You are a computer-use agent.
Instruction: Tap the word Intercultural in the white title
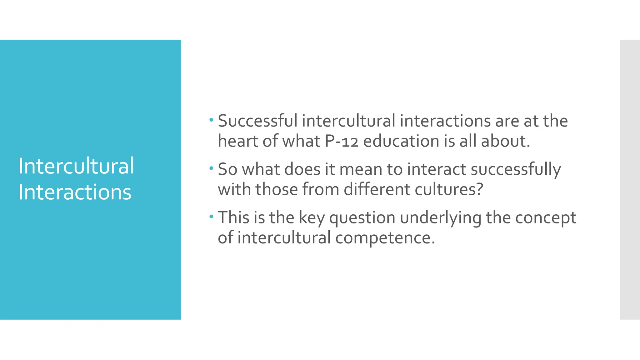[76, 166]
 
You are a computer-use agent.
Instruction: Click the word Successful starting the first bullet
[257, 121]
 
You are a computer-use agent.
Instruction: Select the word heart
[238, 141]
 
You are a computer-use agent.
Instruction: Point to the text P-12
[342, 141]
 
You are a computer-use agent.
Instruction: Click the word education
[401, 141]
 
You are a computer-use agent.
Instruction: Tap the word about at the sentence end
[505, 141]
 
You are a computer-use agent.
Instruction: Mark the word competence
[385, 238]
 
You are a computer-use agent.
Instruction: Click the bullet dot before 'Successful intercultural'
[211, 120]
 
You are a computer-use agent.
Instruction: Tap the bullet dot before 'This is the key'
[211, 216]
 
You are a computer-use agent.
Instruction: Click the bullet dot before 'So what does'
[211, 168]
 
